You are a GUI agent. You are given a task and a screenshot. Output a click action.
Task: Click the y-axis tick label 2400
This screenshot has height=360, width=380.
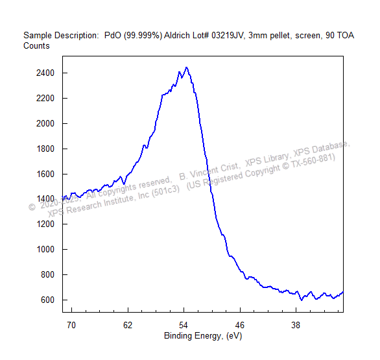coord(45,73)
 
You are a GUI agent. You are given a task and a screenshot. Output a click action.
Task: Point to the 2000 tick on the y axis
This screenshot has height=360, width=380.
coord(45,124)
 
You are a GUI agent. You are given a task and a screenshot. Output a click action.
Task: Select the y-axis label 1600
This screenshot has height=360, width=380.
coord(45,174)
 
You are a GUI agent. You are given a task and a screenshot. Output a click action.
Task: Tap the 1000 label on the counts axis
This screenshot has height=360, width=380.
coord(45,250)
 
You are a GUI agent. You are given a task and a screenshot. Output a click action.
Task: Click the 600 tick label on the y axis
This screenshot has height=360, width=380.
coord(47,300)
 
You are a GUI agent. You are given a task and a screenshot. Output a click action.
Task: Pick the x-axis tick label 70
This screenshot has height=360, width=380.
coord(71,326)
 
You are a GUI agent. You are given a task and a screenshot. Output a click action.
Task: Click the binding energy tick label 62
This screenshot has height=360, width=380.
coord(128,326)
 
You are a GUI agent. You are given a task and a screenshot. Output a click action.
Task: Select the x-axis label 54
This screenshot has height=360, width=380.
coord(184,326)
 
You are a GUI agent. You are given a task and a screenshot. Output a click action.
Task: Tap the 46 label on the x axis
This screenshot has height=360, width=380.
coord(240,326)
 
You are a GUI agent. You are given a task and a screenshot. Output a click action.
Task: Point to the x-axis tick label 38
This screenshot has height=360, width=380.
coord(296,326)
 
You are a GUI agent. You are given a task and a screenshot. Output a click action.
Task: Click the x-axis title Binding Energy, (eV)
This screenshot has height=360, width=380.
coord(203,336)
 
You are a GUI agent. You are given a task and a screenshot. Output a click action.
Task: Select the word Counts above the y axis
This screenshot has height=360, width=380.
coord(36,46)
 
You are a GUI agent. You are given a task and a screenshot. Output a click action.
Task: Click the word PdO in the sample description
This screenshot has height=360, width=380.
coord(113,36)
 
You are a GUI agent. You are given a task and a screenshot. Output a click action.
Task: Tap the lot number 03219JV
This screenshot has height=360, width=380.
coord(228,36)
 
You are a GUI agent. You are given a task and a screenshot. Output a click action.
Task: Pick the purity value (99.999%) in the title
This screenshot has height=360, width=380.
coord(143,36)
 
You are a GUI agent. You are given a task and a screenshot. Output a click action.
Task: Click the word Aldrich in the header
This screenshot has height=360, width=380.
coord(177,36)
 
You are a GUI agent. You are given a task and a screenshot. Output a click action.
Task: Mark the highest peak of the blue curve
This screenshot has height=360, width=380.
coord(186,67)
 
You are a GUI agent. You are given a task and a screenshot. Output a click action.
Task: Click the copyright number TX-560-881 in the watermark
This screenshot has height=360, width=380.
coord(312,161)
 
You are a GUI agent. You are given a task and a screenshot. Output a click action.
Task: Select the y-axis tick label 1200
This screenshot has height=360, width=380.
coord(45,224)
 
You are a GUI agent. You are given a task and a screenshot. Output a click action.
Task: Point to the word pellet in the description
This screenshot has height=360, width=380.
coord(281,36)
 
